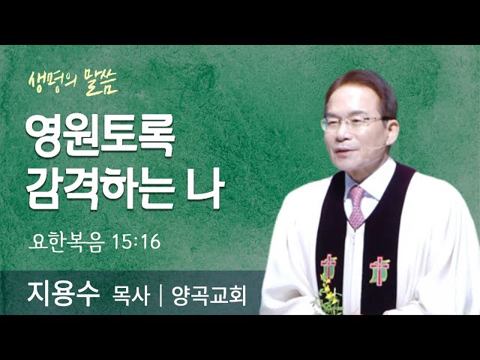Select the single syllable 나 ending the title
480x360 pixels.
tap(205, 187)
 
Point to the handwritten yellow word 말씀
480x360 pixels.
tap(101, 82)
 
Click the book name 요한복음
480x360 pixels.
tap(67, 242)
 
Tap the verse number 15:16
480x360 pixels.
tap(136, 241)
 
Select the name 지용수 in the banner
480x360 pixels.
tap(64, 294)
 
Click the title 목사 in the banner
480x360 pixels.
tap(131, 295)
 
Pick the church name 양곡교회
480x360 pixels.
tap(208, 295)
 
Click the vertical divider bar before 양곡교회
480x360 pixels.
tap(160, 295)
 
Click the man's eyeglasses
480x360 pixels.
tap(352, 123)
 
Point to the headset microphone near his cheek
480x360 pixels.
tap(376, 148)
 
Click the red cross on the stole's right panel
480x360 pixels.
tap(379, 270)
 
